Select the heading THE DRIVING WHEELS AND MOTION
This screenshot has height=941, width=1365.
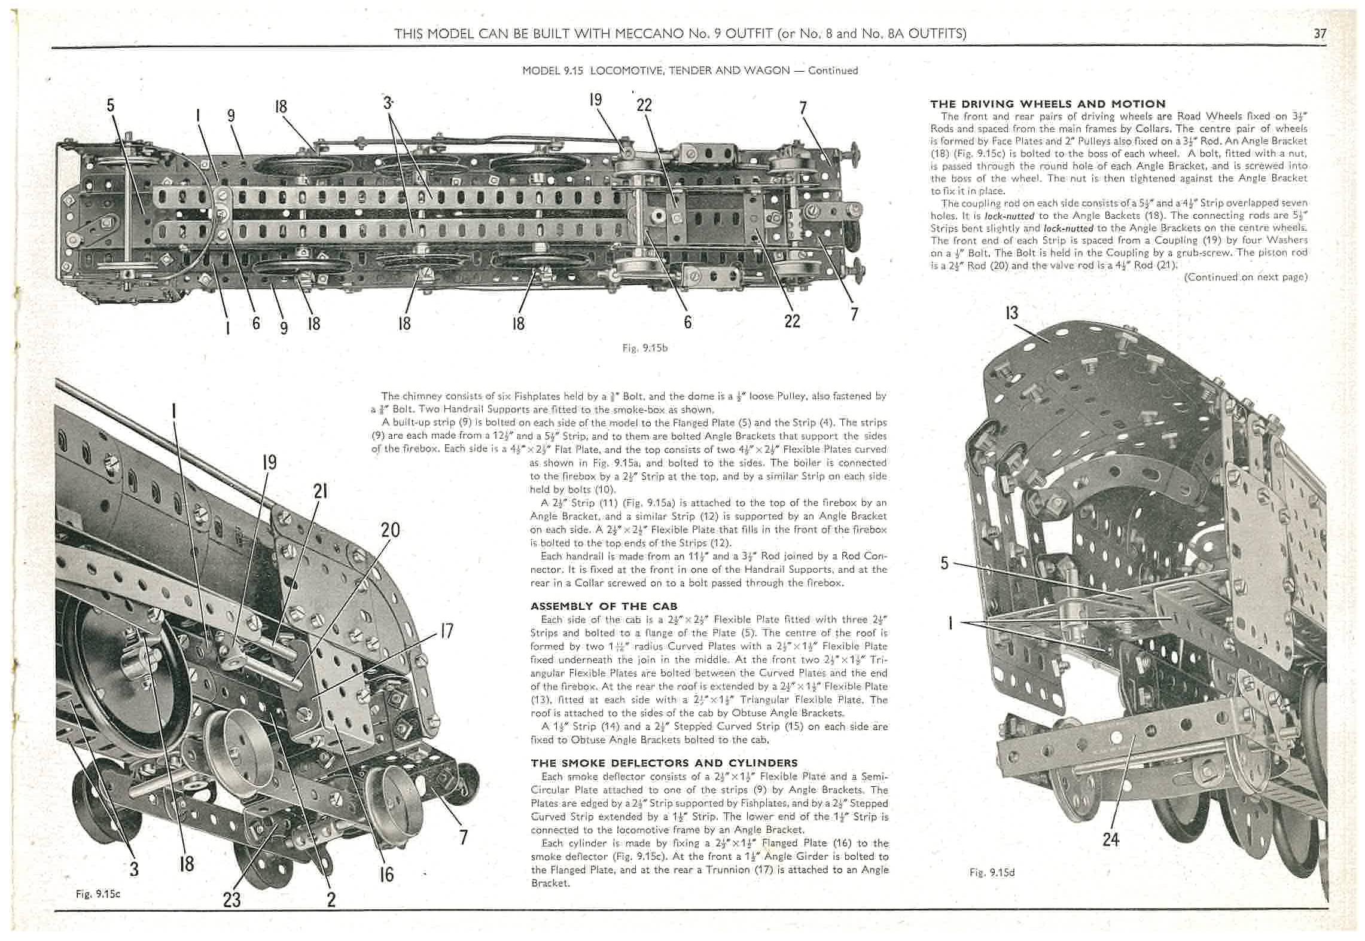pos(1048,104)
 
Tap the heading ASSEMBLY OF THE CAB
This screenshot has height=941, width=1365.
pos(604,606)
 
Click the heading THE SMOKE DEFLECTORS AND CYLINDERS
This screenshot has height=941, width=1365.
pos(664,763)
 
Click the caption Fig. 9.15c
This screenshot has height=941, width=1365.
pos(98,894)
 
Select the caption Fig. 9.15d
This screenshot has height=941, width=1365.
pos(992,872)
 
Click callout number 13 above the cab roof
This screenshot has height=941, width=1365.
pos(1012,313)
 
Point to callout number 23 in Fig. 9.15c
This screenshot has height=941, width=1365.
pos(231,899)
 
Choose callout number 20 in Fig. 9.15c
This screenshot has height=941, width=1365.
pos(390,530)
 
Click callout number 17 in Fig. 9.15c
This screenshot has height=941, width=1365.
pos(446,631)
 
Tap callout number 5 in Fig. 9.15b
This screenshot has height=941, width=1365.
pos(111,105)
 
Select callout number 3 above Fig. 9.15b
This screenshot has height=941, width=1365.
pos(387,103)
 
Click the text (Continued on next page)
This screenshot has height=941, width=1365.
pos(1245,277)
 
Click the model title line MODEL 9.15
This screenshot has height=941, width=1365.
pos(690,71)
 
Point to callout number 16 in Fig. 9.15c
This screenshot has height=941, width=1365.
pos(386,874)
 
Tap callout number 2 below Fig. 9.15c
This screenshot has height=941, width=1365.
pos(331,899)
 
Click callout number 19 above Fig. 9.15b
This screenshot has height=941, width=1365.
pos(595,99)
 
